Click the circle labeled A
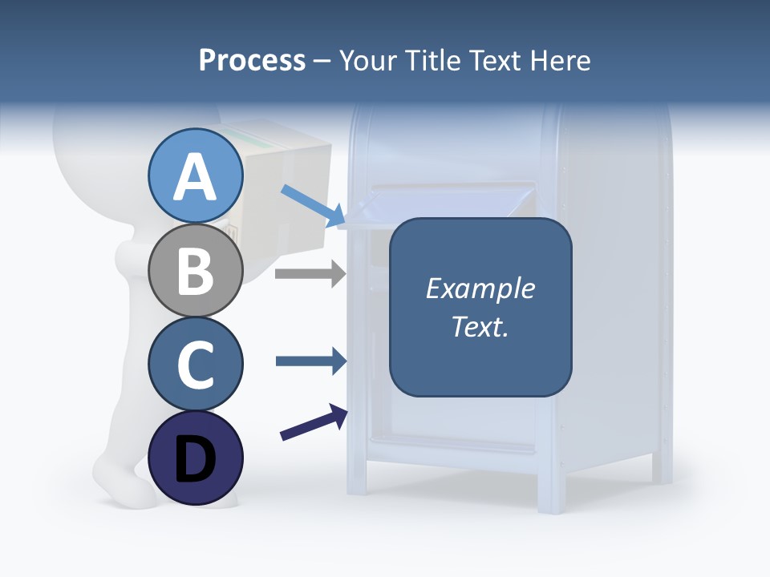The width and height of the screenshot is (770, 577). tap(195, 176)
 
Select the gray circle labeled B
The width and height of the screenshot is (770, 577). tap(195, 270)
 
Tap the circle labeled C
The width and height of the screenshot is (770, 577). tap(195, 364)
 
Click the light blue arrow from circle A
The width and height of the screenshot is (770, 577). tap(313, 205)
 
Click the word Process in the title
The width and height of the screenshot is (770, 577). tap(252, 60)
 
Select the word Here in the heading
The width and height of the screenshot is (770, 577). tap(561, 60)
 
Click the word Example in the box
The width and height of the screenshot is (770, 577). tap(480, 288)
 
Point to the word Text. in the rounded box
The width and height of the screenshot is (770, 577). tap(480, 326)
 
